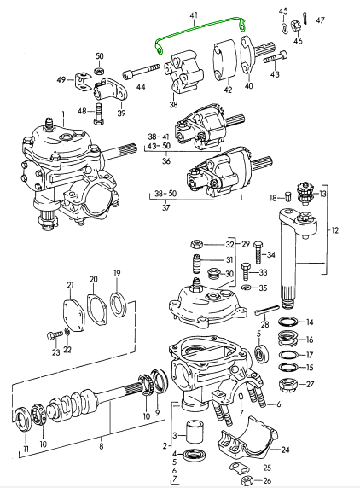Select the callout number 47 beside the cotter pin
click(320, 20)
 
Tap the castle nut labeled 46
click(296, 26)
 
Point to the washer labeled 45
click(284, 27)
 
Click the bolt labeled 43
click(276, 57)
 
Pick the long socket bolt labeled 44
click(142, 72)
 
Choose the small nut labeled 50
click(99, 71)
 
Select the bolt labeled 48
click(98, 113)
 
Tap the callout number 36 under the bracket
click(166, 161)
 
